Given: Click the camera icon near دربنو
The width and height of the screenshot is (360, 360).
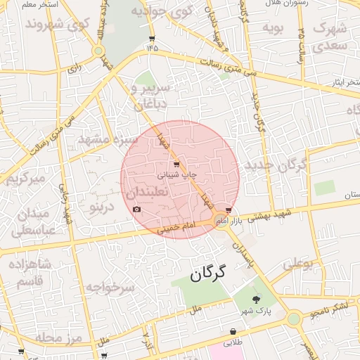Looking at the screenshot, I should coord(136,210).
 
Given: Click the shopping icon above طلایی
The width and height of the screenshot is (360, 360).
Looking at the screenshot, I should coord(232,332).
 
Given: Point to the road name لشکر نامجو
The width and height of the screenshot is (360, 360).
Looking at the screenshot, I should coord(330,307).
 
